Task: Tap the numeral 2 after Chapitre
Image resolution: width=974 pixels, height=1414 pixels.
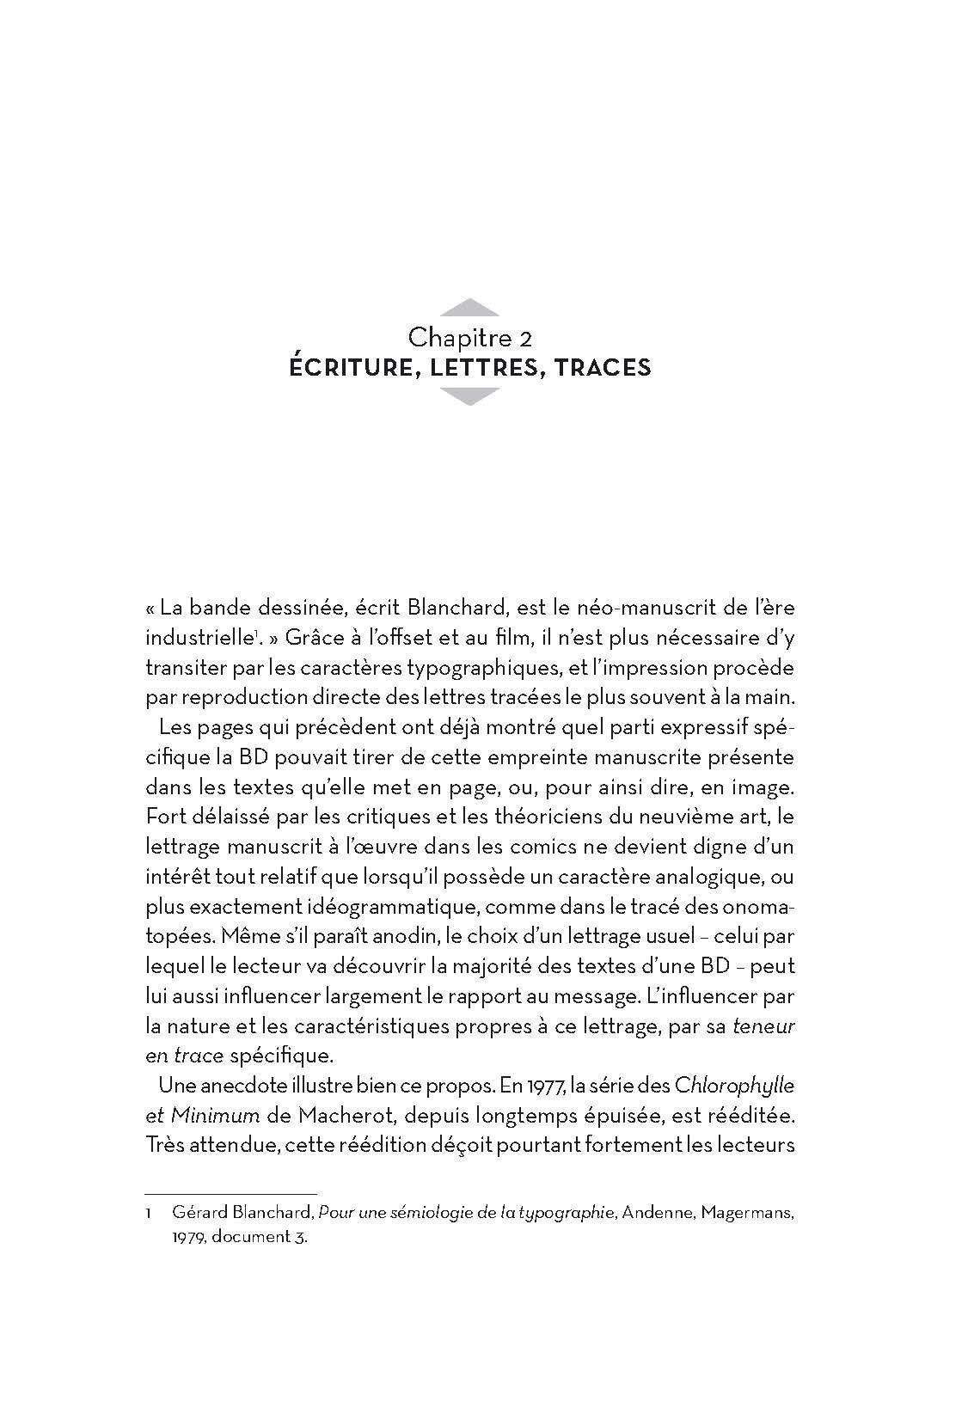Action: coord(524,336)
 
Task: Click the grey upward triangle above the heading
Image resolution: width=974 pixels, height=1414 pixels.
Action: coord(469,308)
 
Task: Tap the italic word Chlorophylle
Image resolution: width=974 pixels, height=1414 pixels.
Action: coord(735,1086)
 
